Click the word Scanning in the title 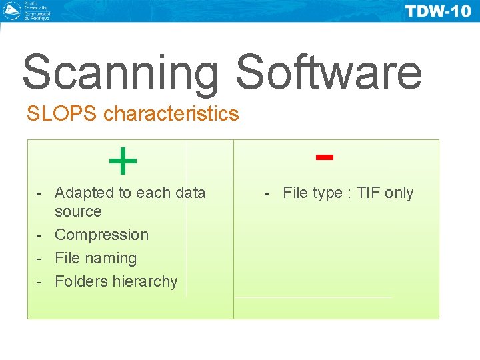120,73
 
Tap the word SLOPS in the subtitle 62,114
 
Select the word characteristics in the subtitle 171,114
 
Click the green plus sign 123,162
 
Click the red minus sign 325,157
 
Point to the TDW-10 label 437,12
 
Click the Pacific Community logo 12,11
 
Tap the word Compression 101,235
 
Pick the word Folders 81,281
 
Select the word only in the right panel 399,193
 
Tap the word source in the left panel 78,212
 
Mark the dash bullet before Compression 40,235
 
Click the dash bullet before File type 268,193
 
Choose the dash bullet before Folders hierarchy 40,281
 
